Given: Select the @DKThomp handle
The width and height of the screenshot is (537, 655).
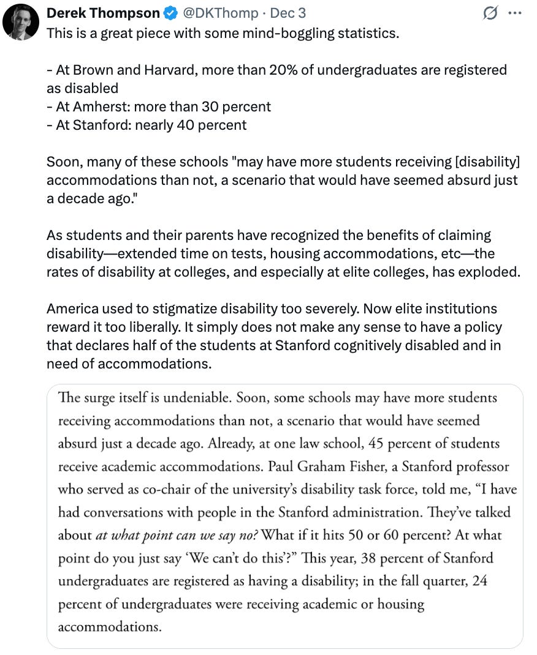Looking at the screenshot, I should pos(214,13).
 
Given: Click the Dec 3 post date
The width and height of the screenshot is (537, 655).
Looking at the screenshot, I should pos(288,13).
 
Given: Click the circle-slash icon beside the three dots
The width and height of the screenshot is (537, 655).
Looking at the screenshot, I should pos(490,13).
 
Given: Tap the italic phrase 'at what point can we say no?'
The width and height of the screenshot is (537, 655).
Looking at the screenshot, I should pos(178,536).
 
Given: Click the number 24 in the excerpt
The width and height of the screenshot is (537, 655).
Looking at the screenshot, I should pos(479,581).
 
